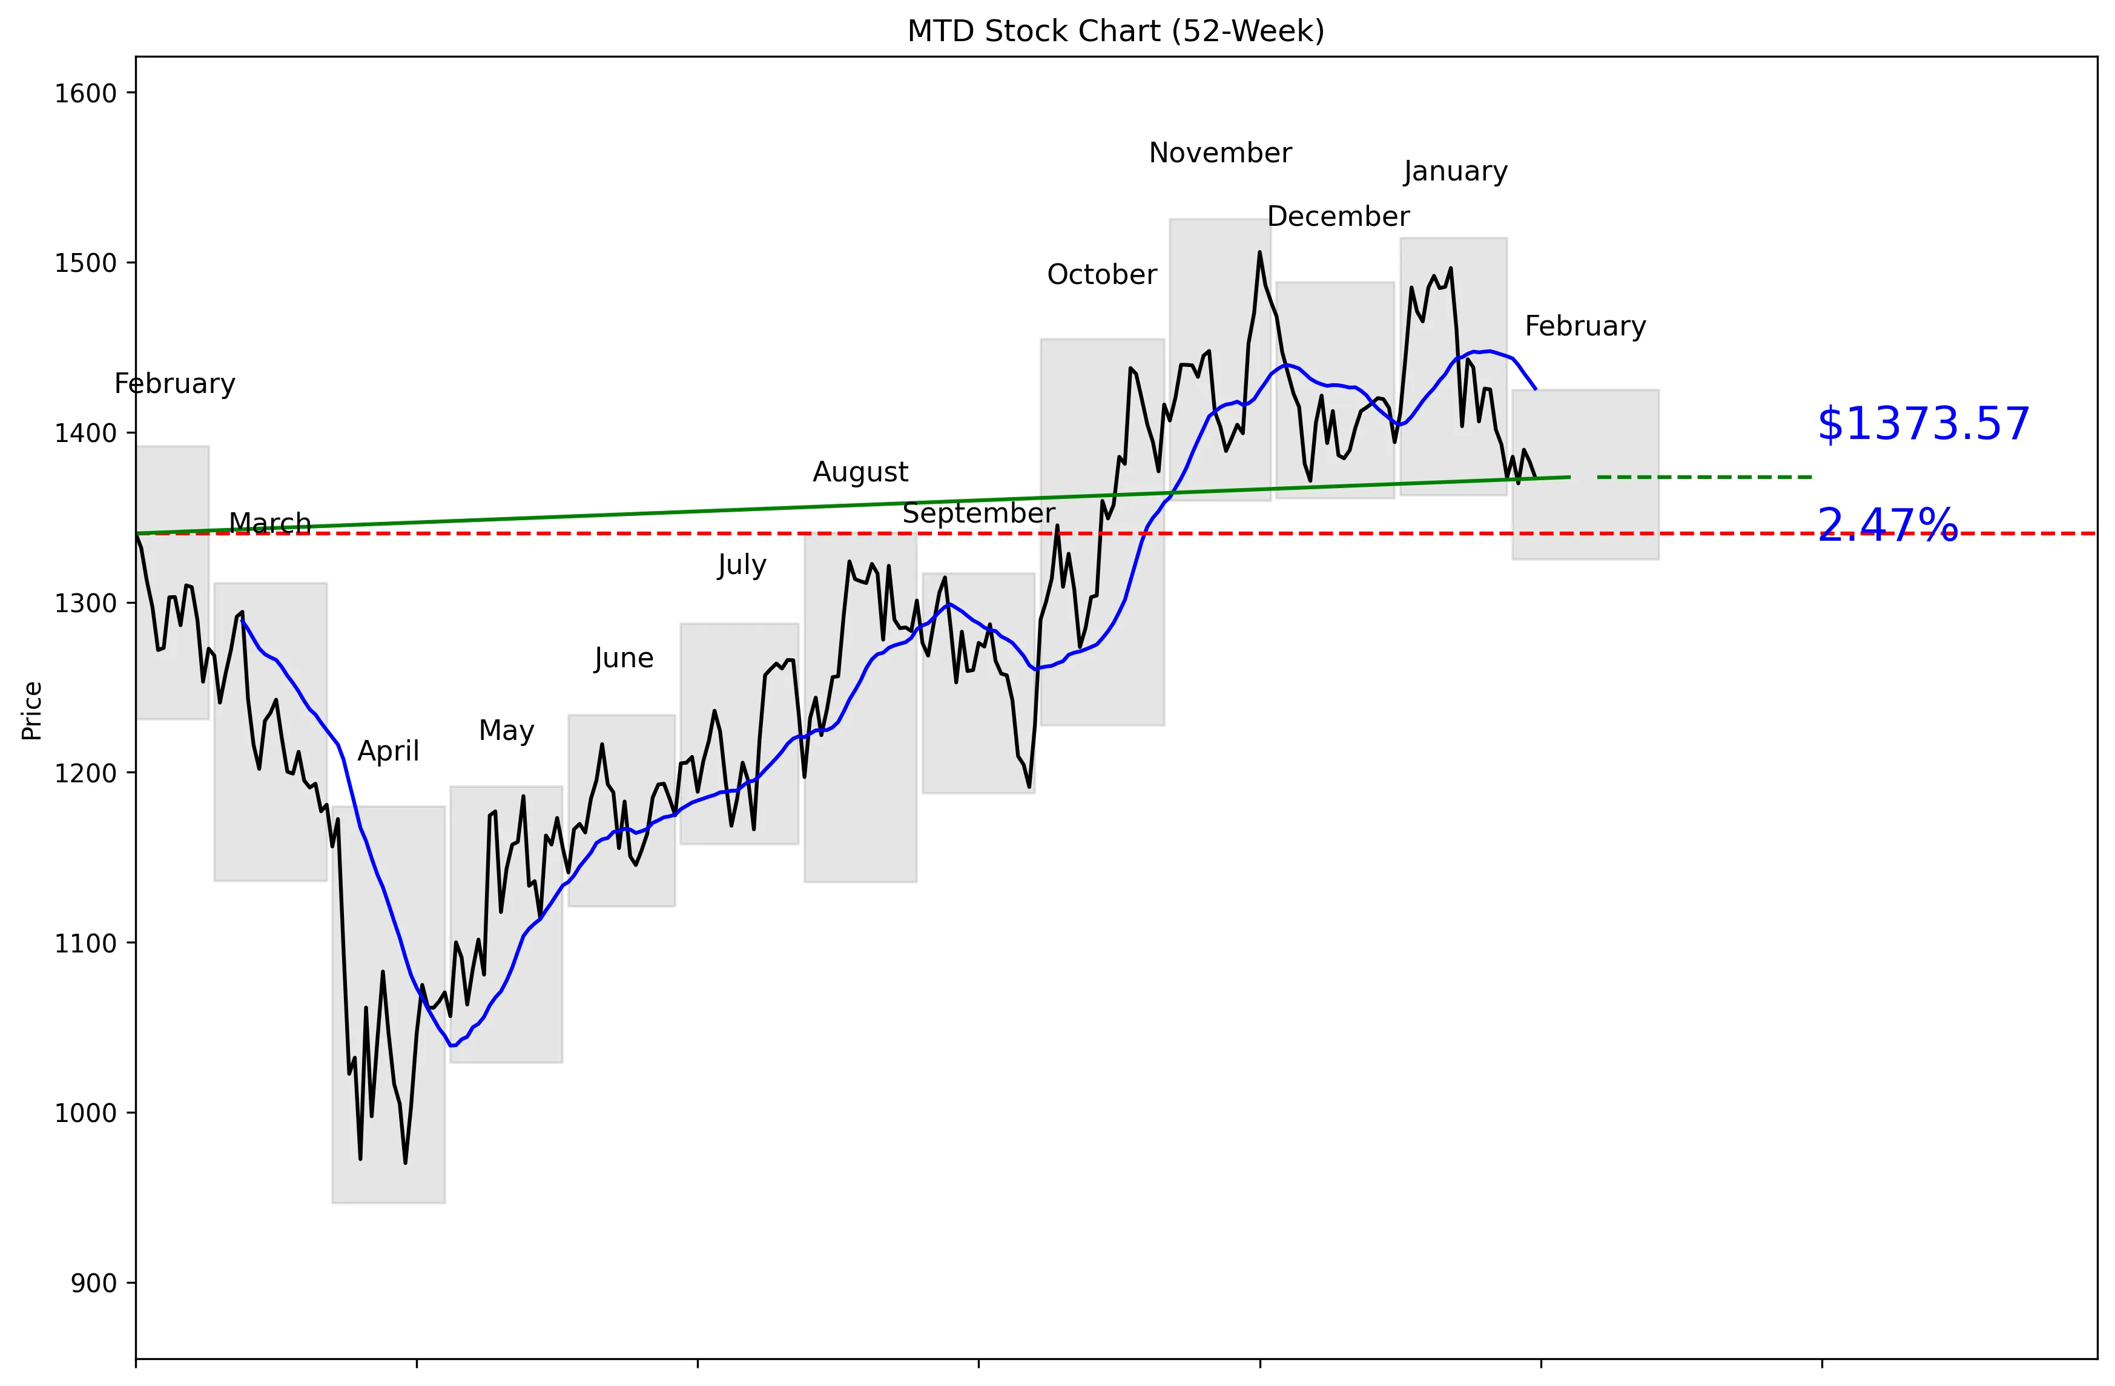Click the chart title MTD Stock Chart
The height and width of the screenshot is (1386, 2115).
point(1115,31)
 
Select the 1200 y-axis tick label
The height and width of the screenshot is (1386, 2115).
point(86,773)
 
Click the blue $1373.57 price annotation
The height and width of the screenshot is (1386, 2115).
point(1923,424)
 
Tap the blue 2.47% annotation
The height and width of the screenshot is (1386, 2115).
point(1887,525)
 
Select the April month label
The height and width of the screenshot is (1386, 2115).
point(388,751)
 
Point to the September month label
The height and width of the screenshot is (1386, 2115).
point(978,513)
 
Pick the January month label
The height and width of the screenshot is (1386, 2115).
point(1456,171)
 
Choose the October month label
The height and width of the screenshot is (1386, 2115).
point(1102,274)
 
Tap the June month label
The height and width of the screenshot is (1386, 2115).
point(623,658)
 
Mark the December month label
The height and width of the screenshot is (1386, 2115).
point(1338,217)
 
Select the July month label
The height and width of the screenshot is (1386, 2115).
point(741,565)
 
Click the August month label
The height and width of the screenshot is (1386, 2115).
point(860,472)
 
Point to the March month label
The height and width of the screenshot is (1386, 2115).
point(270,523)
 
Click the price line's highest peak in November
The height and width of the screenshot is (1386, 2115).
point(1260,252)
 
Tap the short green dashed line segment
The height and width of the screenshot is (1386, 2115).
point(1704,477)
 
